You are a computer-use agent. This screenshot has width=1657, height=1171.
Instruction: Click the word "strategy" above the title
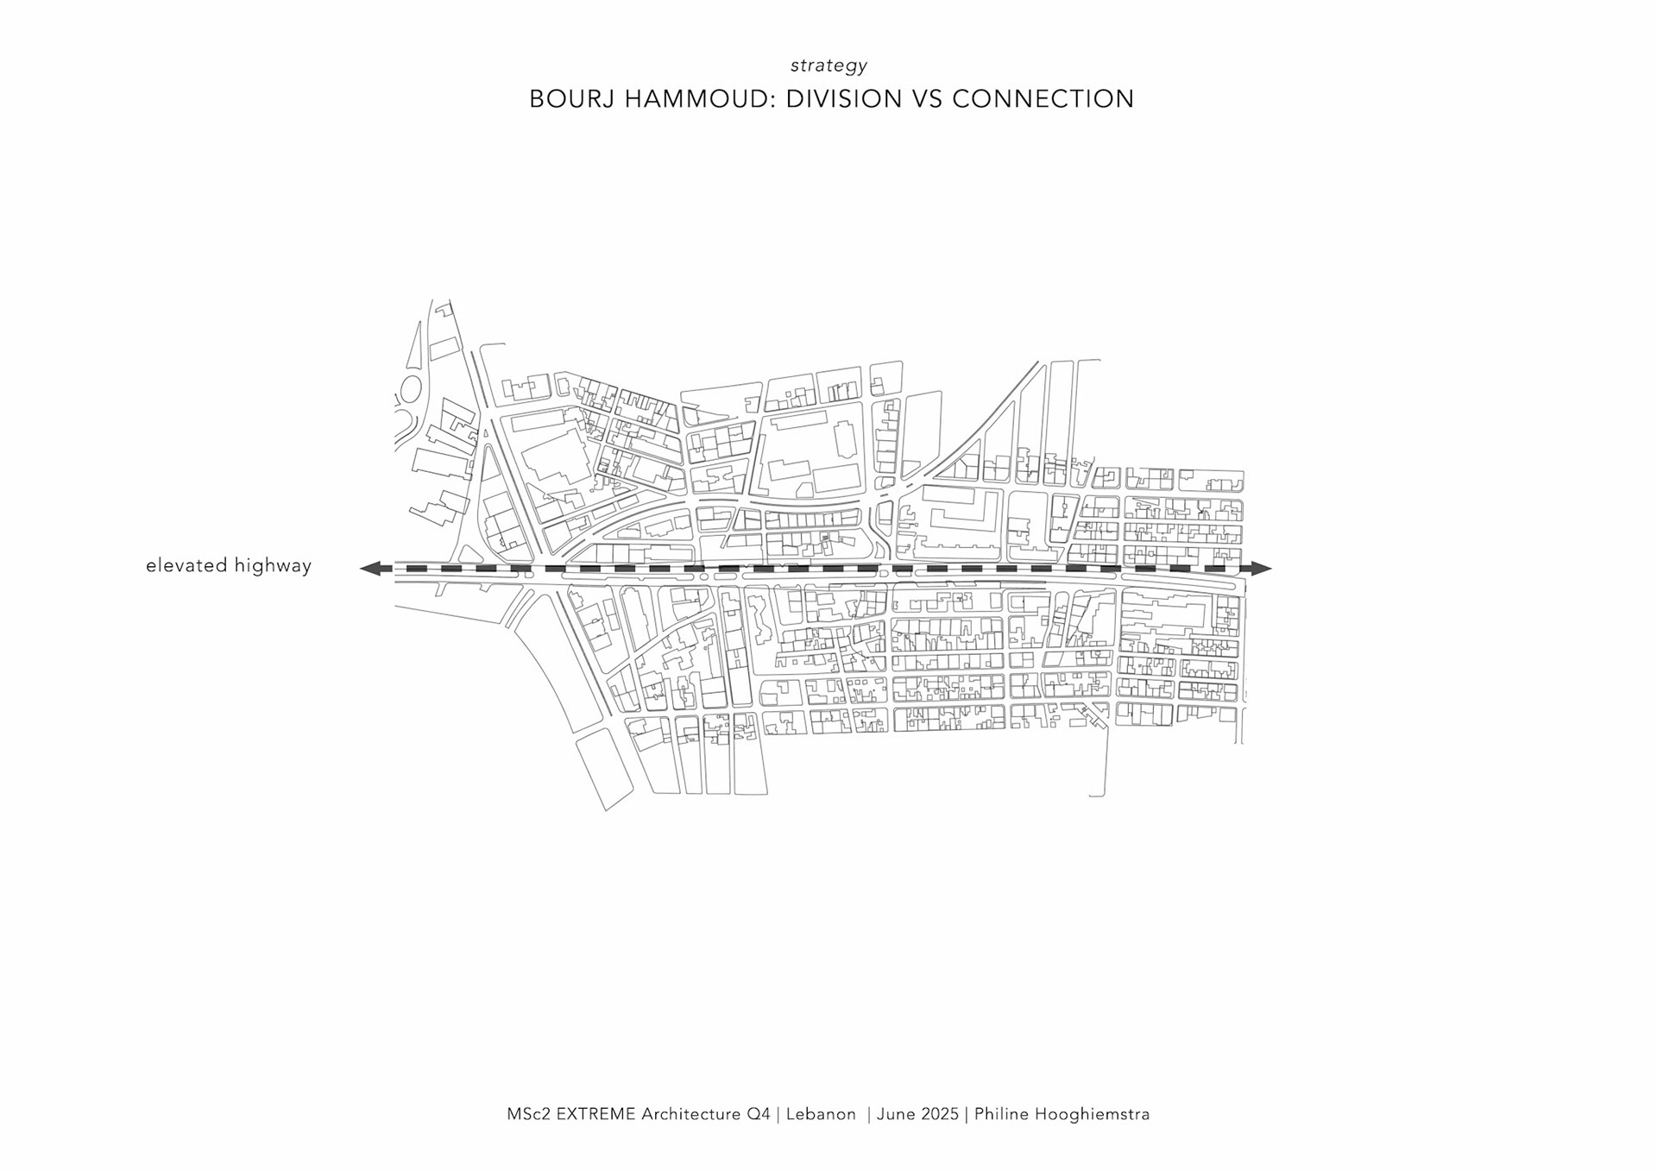828,66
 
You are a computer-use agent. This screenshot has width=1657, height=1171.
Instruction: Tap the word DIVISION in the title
832,99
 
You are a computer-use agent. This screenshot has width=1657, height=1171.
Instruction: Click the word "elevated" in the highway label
186,566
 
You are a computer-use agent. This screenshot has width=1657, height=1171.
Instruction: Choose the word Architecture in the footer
691,1114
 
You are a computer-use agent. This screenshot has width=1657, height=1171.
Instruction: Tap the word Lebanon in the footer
822,1114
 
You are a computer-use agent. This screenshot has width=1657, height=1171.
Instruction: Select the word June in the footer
896,1114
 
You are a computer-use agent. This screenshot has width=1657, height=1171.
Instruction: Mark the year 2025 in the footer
939,1114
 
